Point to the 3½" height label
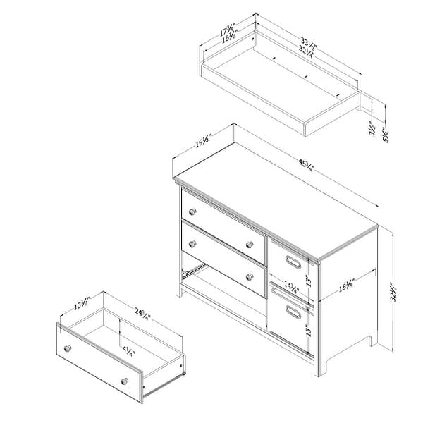point(372,130)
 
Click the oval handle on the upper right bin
point(292,264)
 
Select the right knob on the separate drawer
point(125,381)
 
